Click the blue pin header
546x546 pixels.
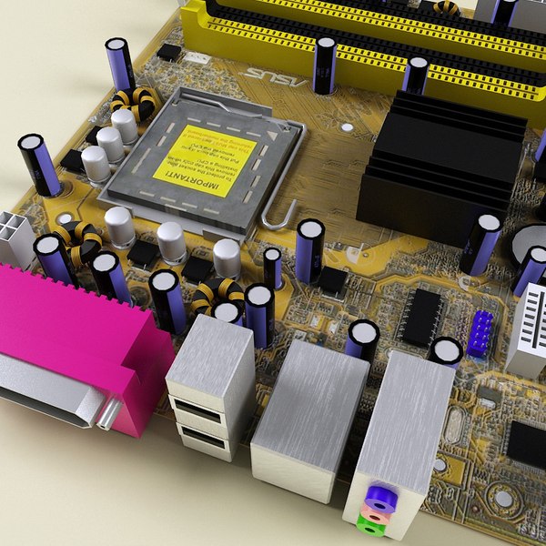(x=480, y=333)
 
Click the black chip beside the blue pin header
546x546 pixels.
(x=421, y=316)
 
